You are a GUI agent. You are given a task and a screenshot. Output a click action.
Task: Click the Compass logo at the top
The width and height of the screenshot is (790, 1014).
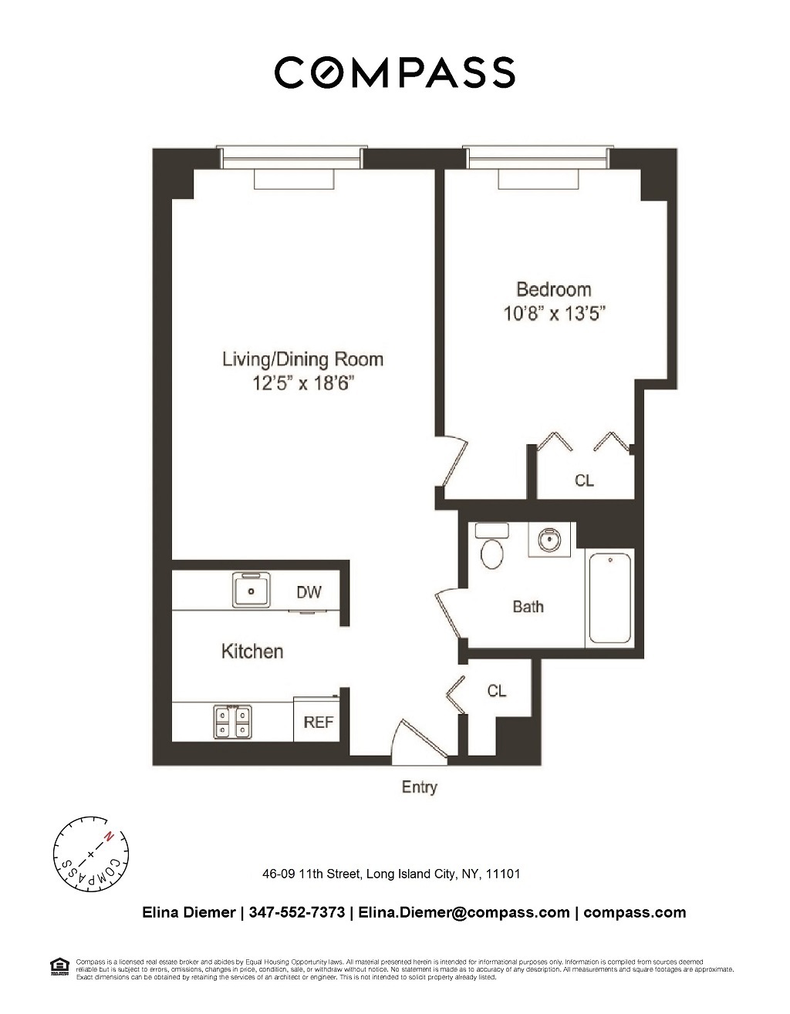(x=394, y=72)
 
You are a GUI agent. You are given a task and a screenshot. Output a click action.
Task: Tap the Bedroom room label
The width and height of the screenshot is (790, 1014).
(x=553, y=290)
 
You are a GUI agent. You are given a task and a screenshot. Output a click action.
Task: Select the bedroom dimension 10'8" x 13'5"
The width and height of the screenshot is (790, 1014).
(x=555, y=314)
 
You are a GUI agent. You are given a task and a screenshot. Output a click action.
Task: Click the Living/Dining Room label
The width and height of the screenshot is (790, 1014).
(x=302, y=359)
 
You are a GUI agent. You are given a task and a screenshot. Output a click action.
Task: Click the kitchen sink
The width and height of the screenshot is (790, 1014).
(x=252, y=590)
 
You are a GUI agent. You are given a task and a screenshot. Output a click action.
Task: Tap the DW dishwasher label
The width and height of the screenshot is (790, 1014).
(x=309, y=592)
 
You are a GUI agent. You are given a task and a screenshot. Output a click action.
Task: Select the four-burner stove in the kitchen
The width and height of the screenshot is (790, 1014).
(x=232, y=721)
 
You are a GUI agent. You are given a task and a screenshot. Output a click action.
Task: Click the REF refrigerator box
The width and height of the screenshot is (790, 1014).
(x=318, y=721)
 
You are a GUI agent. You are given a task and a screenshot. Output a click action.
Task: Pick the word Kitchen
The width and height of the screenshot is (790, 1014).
(x=252, y=652)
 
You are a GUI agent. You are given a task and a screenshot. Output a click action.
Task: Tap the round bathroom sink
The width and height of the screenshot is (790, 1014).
(x=549, y=540)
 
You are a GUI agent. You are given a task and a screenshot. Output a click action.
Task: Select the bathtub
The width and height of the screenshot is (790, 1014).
(x=609, y=598)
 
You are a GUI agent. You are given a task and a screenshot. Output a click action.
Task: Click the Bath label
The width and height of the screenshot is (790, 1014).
(x=528, y=607)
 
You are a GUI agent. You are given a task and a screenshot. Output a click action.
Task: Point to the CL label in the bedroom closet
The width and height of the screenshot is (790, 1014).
(x=584, y=480)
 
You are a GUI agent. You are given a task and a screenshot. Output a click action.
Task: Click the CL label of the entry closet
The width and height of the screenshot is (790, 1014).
(x=496, y=691)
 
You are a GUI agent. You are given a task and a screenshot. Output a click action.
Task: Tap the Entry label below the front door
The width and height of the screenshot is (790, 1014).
(x=419, y=787)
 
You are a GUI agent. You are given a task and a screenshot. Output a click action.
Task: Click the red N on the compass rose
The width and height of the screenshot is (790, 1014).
(x=110, y=835)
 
